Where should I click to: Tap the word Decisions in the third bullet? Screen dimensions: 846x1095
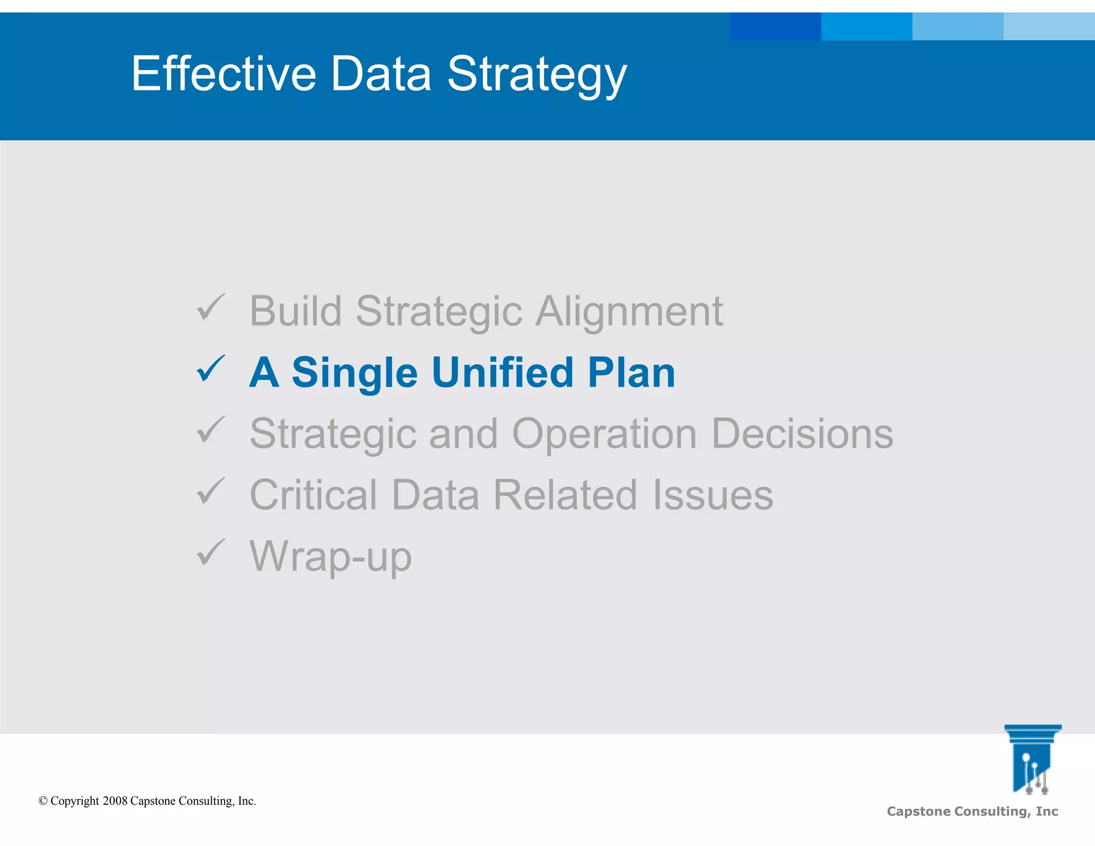(802, 434)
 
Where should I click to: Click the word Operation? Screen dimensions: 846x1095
(604, 434)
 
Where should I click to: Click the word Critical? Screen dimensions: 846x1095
(313, 495)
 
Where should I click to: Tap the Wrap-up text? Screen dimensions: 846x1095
(330, 556)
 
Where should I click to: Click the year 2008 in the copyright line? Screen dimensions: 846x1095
(115, 801)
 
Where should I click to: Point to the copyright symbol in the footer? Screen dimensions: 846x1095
(43, 801)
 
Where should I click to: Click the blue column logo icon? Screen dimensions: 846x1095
(1032, 758)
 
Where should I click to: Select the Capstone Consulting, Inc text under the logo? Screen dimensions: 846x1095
(972, 811)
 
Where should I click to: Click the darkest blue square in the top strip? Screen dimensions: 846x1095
(775, 26)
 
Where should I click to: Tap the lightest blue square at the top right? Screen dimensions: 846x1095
(1049, 26)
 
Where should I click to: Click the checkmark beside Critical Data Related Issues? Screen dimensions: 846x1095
(211, 491)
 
